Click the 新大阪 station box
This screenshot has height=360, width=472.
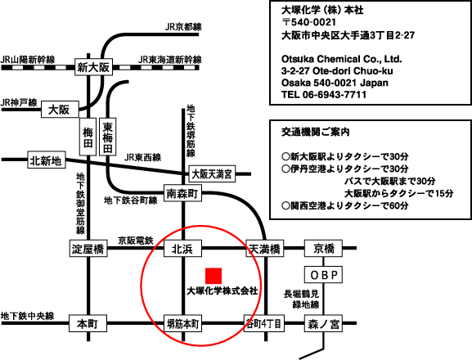[93, 67]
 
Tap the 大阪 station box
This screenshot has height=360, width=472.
[60, 110]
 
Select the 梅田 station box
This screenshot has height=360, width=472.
[88, 137]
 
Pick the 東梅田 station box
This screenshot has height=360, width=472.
[107, 137]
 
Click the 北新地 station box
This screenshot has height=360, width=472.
[47, 160]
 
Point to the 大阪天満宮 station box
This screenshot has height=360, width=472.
[212, 173]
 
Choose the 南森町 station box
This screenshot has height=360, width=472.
[182, 192]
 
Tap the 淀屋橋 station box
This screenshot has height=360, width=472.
[88, 249]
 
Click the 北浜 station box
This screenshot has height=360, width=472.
[182, 249]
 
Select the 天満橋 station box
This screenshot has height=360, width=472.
[265, 249]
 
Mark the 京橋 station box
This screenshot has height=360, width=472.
[323, 249]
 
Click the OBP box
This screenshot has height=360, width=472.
[323, 275]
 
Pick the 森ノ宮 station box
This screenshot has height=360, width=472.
[323, 323]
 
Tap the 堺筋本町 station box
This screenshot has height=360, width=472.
[182, 323]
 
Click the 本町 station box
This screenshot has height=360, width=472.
[88, 323]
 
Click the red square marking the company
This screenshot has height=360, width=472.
[214, 276]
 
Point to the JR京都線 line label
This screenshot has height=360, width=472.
[183, 27]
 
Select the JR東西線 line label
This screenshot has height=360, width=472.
[142, 157]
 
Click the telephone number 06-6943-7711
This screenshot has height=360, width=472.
[335, 95]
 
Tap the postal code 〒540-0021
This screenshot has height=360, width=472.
[308, 22]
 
